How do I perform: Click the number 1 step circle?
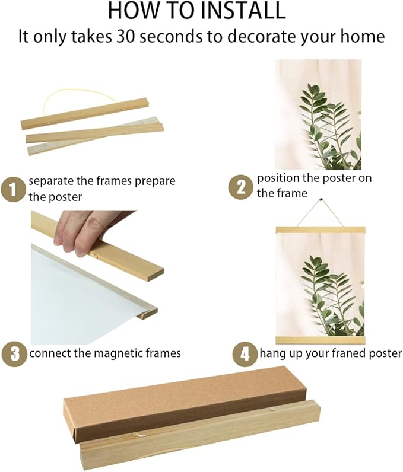click(12, 190)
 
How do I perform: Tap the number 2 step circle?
click(240, 187)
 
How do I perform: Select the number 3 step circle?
click(14, 353)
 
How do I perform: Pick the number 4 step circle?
click(245, 353)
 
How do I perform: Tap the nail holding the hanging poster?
click(321, 200)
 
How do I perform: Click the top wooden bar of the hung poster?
click(321, 230)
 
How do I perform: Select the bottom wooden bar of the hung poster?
click(321, 340)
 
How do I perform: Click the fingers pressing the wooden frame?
click(78, 232)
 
